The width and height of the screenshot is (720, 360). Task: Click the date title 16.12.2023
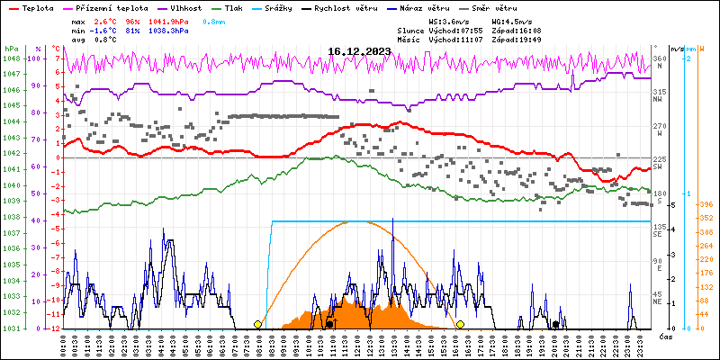click(x=359, y=51)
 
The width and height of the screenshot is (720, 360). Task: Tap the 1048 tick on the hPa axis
click(x=11, y=58)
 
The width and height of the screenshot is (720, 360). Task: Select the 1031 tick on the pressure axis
click(x=11, y=328)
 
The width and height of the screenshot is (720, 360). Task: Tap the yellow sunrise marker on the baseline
click(x=258, y=324)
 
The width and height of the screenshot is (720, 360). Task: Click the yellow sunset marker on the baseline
click(x=460, y=324)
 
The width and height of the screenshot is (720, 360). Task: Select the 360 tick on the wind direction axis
click(x=660, y=58)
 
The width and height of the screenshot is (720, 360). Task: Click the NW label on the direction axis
click(x=658, y=100)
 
